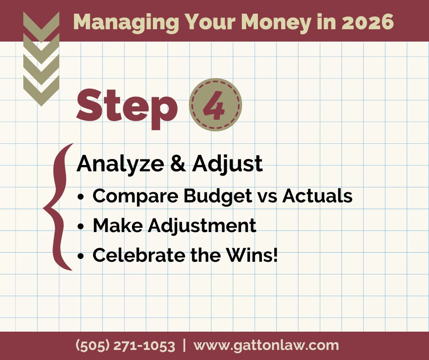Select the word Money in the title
[276, 23]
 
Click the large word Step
[127, 108]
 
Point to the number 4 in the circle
[214, 105]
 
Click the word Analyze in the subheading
[120, 164]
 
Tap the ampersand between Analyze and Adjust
[178, 164]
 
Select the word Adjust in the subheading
[227, 164]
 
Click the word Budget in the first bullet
[218, 196]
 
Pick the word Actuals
[317, 196]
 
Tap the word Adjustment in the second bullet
[202, 226]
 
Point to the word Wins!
[252, 255]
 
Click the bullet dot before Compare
[80, 197]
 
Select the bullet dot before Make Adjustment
[80, 227]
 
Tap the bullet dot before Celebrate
[80, 256]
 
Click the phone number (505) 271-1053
[126, 346]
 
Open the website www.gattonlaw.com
[266, 346]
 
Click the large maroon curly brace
[56, 207]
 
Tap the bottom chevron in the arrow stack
[42, 91]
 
